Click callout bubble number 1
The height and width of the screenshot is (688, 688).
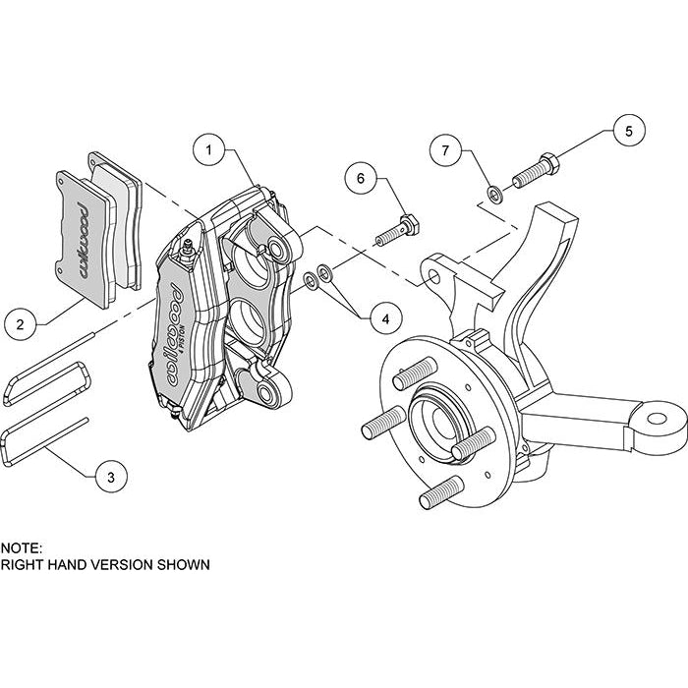pos(209,150)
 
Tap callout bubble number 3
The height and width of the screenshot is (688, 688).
pos(111,478)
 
